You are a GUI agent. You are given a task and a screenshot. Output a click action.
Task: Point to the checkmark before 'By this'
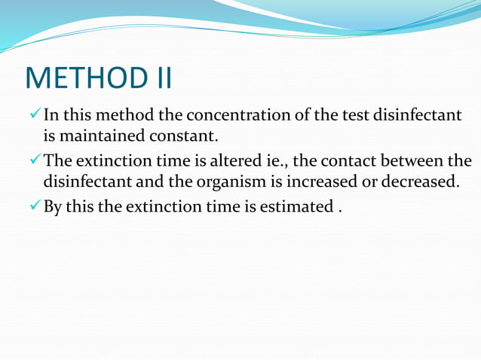point(33,206)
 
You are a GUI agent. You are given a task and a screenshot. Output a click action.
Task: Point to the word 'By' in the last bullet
point(52,206)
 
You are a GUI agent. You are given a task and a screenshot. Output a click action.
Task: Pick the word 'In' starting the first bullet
point(51,116)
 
